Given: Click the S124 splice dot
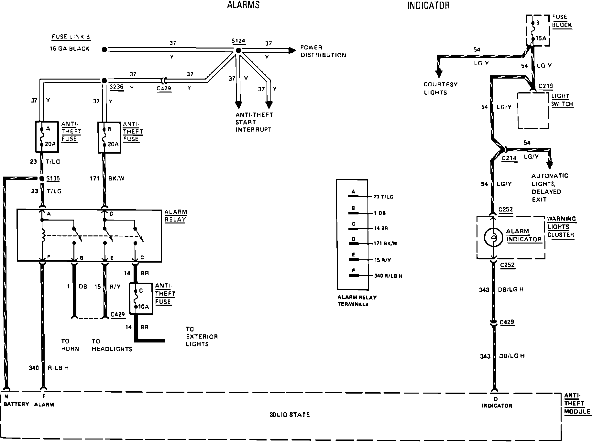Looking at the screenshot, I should pyautogui.click(x=238, y=50).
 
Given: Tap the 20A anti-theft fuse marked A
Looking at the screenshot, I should pyautogui.click(x=46, y=137).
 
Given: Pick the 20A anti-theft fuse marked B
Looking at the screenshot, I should pyautogui.click(x=109, y=137).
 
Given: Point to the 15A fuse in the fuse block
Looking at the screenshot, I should pyautogui.click(x=537, y=30).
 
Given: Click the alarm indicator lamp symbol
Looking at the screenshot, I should pyautogui.click(x=493, y=237).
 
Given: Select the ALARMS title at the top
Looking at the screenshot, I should pyautogui.click(x=243, y=5).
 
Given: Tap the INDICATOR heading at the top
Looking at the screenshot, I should pyautogui.click(x=428, y=5).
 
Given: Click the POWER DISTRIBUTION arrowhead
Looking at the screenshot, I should pyautogui.click(x=292, y=50).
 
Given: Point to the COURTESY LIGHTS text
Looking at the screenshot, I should pyautogui.click(x=441, y=88).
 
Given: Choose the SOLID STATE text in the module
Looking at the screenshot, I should pyautogui.click(x=290, y=415).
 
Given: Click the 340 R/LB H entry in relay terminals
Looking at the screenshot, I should pyautogui.click(x=388, y=276).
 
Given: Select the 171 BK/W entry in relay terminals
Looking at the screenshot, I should pyautogui.click(x=385, y=244).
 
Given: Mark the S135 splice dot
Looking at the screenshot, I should pyautogui.click(x=42, y=179).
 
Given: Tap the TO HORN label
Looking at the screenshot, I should pyautogui.click(x=70, y=345).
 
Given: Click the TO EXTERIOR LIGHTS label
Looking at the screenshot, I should pyautogui.click(x=202, y=337).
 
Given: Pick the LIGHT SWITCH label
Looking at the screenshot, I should pyautogui.click(x=562, y=100).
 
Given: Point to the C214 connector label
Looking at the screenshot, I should pyautogui.click(x=509, y=158).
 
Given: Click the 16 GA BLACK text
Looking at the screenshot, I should pyautogui.click(x=70, y=49).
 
